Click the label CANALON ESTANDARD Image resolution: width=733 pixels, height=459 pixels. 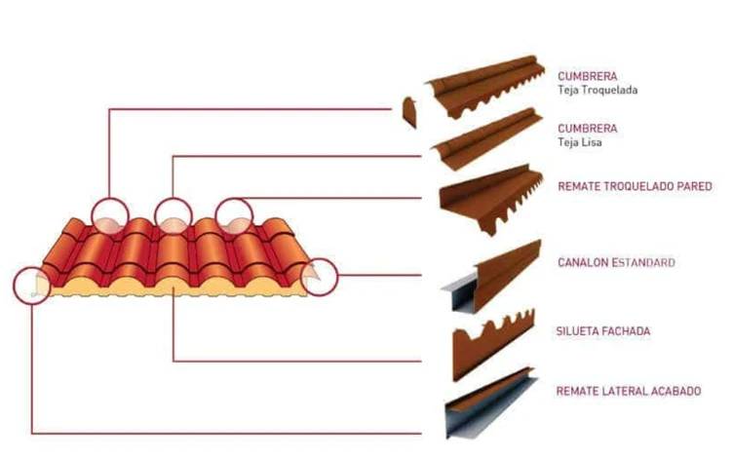coord(616,263)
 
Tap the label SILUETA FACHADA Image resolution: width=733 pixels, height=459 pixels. coord(603,331)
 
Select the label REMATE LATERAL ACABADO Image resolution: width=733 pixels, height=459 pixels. coord(628,392)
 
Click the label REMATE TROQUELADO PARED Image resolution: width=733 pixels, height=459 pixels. coord(635,185)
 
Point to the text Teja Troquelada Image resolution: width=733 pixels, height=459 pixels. coord(598,91)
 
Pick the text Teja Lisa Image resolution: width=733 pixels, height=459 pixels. coord(580,143)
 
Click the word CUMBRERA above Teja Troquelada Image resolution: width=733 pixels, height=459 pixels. coord(587,75)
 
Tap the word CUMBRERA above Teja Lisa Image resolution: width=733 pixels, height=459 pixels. coord(587,128)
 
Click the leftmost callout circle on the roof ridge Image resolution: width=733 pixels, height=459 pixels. coord(109,215)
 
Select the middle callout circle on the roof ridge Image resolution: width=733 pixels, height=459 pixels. coord(173,214)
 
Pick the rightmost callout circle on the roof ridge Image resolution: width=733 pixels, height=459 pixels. coord(234,215)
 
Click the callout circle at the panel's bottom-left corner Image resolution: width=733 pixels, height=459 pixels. coord(33,286)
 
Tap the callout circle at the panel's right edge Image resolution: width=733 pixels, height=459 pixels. coord(320,277)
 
